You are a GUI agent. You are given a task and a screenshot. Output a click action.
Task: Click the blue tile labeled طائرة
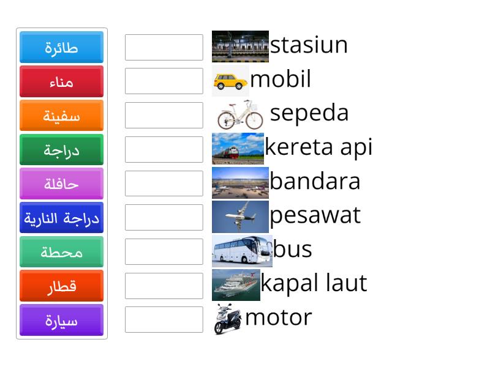click(61, 48)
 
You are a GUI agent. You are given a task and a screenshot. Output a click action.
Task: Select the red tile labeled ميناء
click(61, 82)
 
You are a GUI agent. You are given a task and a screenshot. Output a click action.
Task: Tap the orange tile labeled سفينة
click(61, 116)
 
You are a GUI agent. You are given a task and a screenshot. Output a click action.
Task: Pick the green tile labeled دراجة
click(61, 150)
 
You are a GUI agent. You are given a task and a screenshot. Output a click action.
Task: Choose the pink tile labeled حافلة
click(61, 184)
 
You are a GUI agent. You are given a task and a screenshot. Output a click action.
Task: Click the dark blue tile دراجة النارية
click(61, 218)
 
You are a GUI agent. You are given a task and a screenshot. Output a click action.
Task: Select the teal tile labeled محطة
click(61, 252)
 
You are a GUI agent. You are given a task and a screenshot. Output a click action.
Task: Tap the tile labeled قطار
click(61, 286)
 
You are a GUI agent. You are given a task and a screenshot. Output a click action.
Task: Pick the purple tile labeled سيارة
click(61, 321)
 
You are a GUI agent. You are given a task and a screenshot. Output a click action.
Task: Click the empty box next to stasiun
click(164, 47)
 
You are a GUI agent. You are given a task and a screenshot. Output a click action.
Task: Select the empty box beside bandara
click(164, 183)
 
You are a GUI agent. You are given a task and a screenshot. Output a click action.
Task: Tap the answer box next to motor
click(164, 320)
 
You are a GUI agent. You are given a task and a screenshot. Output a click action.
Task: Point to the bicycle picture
click(240, 114)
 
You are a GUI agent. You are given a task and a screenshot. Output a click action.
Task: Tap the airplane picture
click(240, 217)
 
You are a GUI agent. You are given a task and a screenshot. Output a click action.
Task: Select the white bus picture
click(242, 250)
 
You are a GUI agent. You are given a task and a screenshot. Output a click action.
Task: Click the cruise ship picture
click(236, 285)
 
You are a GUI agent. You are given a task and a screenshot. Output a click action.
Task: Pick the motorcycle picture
click(228, 319)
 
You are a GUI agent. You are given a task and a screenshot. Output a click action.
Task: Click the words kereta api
click(318, 147)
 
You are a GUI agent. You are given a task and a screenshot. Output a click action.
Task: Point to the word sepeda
click(309, 113)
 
